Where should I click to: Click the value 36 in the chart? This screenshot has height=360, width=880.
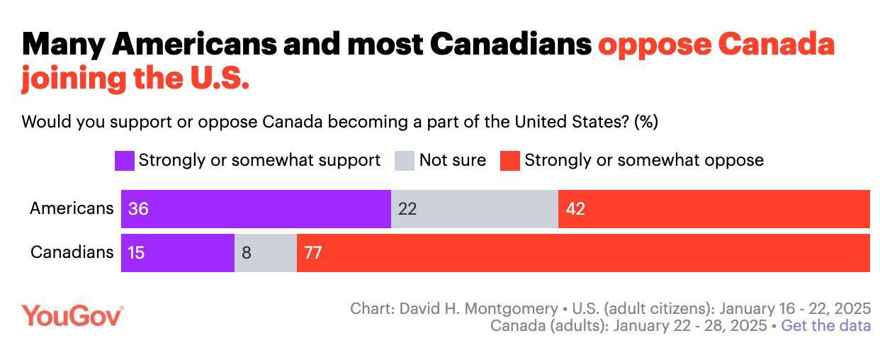pyautogui.click(x=138, y=209)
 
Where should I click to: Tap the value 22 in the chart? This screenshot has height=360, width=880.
pyautogui.click(x=407, y=209)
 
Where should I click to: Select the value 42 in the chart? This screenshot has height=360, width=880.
pyautogui.click(x=575, y=209)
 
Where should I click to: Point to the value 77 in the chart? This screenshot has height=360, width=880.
pyautogui.click(x=313, y=253)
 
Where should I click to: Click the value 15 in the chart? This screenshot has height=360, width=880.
pyautogui.click(x=136, y=253)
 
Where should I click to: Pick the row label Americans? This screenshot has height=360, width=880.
pyautogui.click(x=71, y=208)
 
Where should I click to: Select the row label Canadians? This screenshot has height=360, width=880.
pyautogui.click(x=72, y=252)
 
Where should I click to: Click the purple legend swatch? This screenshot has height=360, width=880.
pyautogui.click(x=124, y=161)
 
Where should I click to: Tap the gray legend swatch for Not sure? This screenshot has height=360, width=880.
pyautogui.click(x=404, y=161)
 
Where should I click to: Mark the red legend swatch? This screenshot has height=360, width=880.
pyautogui.click(x=509, y=161)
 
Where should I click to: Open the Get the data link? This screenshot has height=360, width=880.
pyautogui.click(x=825, y=326)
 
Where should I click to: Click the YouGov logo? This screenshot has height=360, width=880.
pyautogui.click(x=72, y=316)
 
